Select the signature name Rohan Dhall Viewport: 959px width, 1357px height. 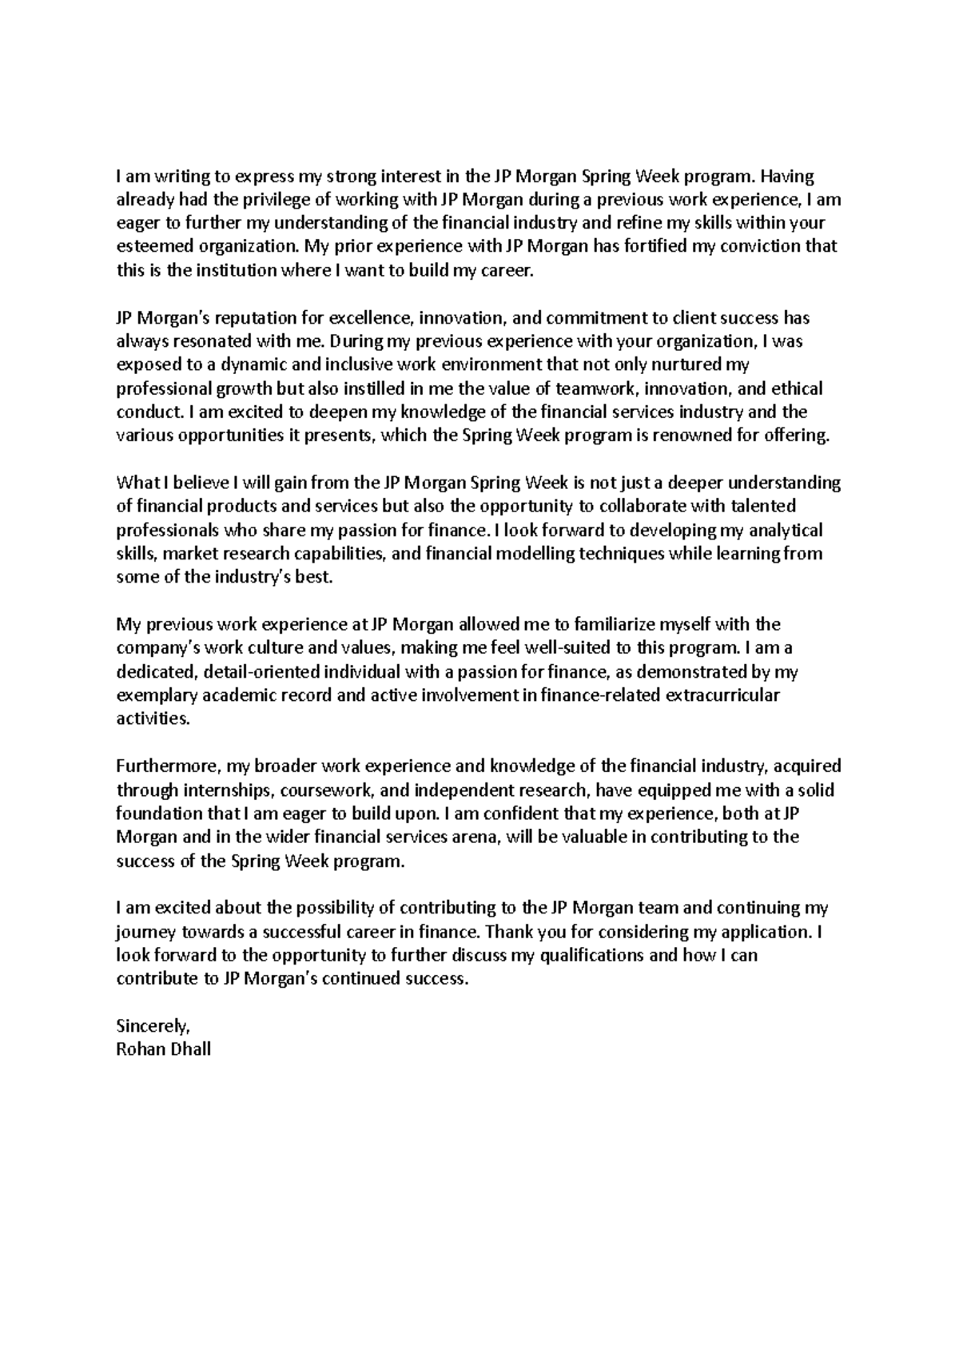[163, 1049]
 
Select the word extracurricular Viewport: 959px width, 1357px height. [722, 694]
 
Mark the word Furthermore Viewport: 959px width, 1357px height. [167, 766]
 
